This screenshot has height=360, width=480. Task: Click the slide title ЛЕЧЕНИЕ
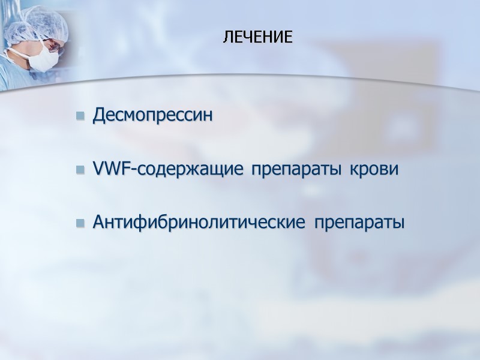[x=258, y=38]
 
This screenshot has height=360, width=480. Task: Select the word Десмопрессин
[x=153, y=115]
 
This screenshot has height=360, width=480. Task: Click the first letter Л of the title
[x=227, y=38]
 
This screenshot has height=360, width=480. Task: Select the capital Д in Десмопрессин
[x=99, y=115]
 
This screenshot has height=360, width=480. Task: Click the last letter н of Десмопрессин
[x=208, y=116]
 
